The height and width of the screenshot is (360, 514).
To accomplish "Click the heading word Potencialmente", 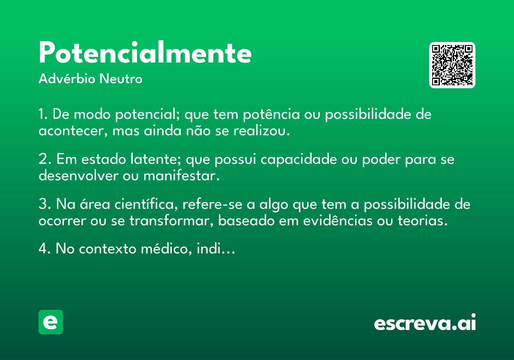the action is [x=145, y=52].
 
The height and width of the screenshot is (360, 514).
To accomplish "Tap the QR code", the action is [x=452, y=65].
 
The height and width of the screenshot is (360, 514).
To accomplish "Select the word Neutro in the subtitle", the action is [x=121, y=79].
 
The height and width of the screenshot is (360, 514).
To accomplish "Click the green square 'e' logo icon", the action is [x=51, y=322].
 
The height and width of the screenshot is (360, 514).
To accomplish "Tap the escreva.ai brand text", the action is [x=425, y=322].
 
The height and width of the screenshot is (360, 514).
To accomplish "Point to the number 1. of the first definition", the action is [x=43, y=114].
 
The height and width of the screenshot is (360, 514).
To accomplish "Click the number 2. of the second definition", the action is [x=45, y=159].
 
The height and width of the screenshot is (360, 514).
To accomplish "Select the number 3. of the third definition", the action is [x=45, y=204].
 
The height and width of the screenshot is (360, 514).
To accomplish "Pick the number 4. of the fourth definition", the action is [x=45, y=249].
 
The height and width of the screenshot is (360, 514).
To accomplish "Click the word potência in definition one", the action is [x=271, y=114].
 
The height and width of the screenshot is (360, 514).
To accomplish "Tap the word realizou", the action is [x=262, y=131].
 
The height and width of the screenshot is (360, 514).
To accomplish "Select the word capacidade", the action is [x=299, y=159].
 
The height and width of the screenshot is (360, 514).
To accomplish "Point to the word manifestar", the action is [x=182, y=176].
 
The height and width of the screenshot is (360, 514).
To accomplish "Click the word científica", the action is [x=146, y=204].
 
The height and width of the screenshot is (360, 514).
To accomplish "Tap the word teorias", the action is [x=423, y=221].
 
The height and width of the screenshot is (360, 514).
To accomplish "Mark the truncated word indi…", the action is [x=216, y=249].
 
